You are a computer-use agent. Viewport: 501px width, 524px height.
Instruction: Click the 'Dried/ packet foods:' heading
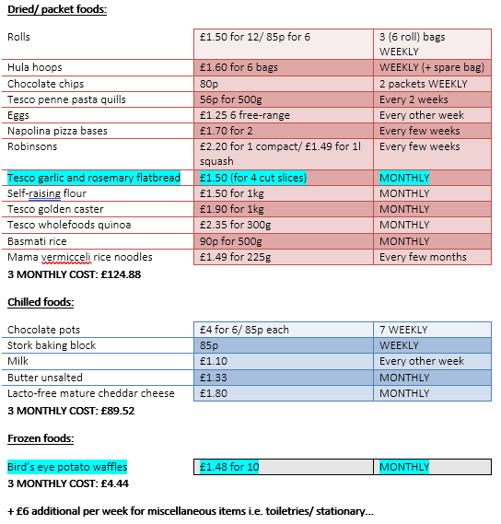click(56, 10)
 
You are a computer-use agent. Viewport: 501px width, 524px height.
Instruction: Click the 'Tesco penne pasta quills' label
click(66, 99)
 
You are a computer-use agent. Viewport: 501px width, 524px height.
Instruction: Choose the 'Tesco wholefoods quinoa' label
click(69, 225)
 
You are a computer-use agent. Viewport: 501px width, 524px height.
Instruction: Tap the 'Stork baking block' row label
click(52, 345)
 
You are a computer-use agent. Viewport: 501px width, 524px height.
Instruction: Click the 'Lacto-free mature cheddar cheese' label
click(90, 393)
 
